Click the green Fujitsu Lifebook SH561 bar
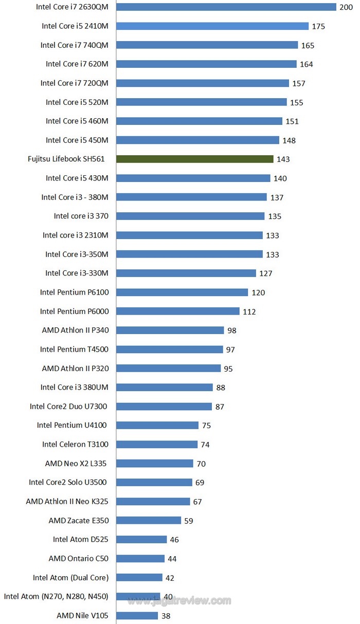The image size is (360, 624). [x=194, y=159]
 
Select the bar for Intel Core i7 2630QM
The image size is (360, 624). [x=226, y=7]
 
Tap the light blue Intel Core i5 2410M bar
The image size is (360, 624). [x=212, y=26]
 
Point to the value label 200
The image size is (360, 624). [x=346, y=7]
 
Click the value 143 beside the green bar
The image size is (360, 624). [x=283, y=159]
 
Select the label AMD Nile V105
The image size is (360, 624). [x=82, y=615]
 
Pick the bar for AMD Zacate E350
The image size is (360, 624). [x=149, y=520]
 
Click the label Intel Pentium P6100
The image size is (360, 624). [x=74, y=292]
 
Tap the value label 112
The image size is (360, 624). [x=249, y=311]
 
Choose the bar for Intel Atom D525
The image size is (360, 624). [x=141, y=539]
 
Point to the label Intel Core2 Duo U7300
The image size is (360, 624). [x=68, y=406]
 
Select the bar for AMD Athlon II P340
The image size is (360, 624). [x=170, y=330]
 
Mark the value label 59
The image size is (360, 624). [x=189, y=521]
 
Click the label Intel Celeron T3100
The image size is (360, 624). [x=75, y=444]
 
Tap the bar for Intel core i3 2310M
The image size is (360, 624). [x=189, y=235]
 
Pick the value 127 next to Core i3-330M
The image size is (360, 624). [x=266, y=273]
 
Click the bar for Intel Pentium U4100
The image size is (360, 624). [x=157, y=425]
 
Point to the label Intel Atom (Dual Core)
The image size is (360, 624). [x=70, y=577]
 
